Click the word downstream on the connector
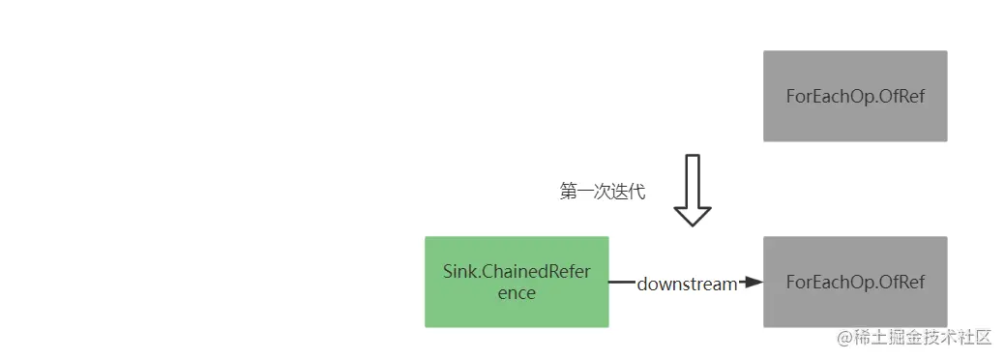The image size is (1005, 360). (687, 285)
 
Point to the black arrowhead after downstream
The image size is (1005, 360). (753, 283)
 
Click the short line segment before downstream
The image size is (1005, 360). (621, 283)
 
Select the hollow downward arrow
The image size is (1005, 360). (693, 190)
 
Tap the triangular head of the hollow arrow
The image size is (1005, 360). (693, 214)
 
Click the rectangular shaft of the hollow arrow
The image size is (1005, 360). (693, 178)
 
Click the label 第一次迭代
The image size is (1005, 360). (603, 192)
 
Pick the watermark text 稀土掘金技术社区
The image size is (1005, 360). (923, 337)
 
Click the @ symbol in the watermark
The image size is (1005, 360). (845, 337)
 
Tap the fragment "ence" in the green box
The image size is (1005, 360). (517, 292)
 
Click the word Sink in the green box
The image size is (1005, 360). (459, 271)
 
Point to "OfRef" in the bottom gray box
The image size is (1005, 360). (902, 282)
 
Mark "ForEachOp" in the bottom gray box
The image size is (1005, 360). (828, 282)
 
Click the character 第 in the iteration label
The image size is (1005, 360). (569, 192)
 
